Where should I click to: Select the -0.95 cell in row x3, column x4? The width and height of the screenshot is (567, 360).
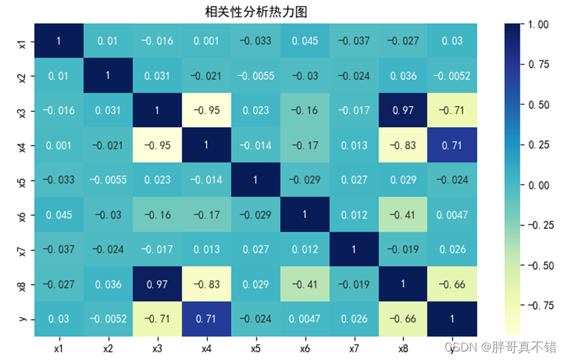(x=206, y=110)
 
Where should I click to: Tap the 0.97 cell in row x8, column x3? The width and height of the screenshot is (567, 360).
(x=157, y=283)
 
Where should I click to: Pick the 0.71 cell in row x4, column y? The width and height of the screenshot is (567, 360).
(x=452, y=145)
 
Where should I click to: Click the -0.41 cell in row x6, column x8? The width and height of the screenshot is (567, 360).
(x=403, y=214)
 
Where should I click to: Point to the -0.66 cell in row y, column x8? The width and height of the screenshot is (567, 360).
(x=403, y=318)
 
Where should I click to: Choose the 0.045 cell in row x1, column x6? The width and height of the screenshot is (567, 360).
(x=305, y=41)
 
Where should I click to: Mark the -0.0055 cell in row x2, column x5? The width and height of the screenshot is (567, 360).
(x=256, y=75)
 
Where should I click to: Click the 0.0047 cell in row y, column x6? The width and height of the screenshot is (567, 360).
(x=305, y=318)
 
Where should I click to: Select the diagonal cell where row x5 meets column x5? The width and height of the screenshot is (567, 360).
(x=256, y=180)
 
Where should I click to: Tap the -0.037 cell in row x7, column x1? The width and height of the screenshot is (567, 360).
(x=59, y=249)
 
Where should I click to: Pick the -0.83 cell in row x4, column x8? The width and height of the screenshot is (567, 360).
(x=403, y=145)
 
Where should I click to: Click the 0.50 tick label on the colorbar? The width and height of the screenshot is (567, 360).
(x=539, y=105)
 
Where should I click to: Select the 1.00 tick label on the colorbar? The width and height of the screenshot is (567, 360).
(x=539, y=25)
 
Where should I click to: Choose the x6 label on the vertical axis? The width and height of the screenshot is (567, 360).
(x=22, y=214)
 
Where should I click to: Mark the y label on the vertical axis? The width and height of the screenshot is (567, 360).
(x=22, y=318)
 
